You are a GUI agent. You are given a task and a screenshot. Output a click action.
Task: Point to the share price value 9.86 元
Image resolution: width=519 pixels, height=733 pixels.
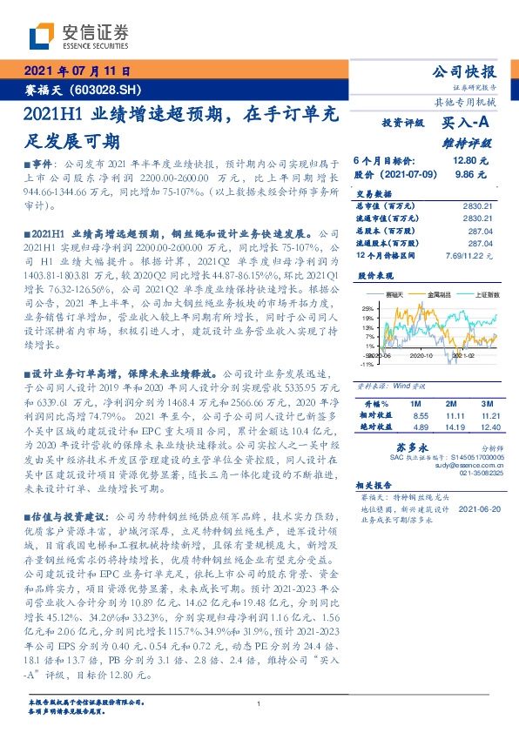(467, 174)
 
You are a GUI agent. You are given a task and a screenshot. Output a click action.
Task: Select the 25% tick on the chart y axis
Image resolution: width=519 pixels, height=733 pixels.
(368, 308)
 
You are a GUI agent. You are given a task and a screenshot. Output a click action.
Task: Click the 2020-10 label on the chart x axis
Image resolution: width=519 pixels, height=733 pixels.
(422, 355)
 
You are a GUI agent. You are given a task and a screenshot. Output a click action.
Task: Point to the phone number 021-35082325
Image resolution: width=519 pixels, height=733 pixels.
(475, 475)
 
